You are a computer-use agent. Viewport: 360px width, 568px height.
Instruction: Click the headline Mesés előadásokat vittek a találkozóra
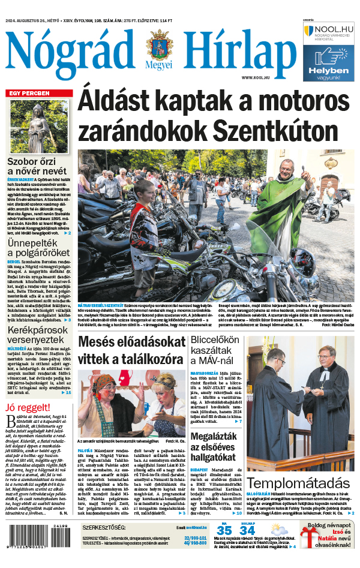(x=131, y=351)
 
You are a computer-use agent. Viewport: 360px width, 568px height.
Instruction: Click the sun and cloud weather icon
(x=278, y=530)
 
